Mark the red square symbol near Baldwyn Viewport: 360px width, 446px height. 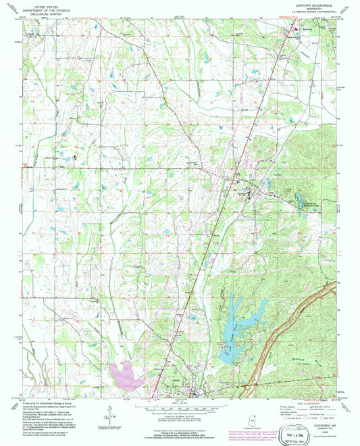294,29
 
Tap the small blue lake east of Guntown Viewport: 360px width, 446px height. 297,199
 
